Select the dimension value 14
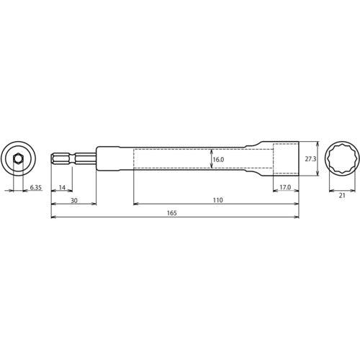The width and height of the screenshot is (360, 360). click(x=62, y=187)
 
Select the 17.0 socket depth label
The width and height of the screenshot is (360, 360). click(x=285, y=187)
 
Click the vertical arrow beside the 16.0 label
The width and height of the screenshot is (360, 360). click(x=211, y=158)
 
